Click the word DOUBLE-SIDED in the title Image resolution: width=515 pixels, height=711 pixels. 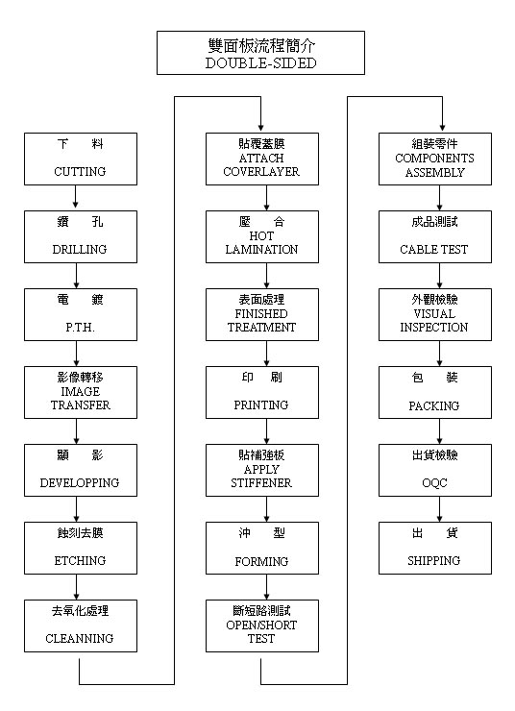pyautogui.click(x=260, y=63)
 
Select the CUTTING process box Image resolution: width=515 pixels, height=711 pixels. pyautogui.click(x=81, y=159)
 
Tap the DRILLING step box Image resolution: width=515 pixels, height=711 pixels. pyautogui.click(x=81, y=236)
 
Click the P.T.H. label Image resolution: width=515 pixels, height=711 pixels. pyautogui.click(x=81, y=328)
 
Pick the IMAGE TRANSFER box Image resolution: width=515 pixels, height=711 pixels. pyautogui.click(x=81, y=392)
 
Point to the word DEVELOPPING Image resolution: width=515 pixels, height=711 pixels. pyautogui.click(x=80, y=483)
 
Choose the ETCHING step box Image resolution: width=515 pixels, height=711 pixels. pyautogui.click(x=81, y=548)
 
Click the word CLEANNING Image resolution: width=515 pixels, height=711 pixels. pyautogui.click(x=80, y=638)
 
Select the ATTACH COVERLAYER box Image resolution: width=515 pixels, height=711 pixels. pyautogui.click(x=262, y=159)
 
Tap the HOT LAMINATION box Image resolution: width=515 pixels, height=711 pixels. pyautogui.click(x=262, y=236)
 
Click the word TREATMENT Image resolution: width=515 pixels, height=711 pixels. pyautogui.click(x=261, y=328)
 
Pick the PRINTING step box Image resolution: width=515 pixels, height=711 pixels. pyautogui.click(x=262, y=392)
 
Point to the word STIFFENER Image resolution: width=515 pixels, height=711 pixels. pyautogui.click(x=261, y=483)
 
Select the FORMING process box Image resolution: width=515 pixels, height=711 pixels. pyautogui.click(x=262, y=548)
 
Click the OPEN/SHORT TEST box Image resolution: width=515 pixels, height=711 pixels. pyautogui.click(x=262, y=625)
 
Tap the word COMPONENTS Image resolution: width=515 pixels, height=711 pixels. pyautogui.click(x=434, y=159)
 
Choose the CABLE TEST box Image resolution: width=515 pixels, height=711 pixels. pyautogui.click(x=435, y=236)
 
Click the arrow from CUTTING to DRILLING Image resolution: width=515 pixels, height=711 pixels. pyautogui.click(x=76, y=198)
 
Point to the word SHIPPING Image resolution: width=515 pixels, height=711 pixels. pyautogui.click(x=434, y=561)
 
